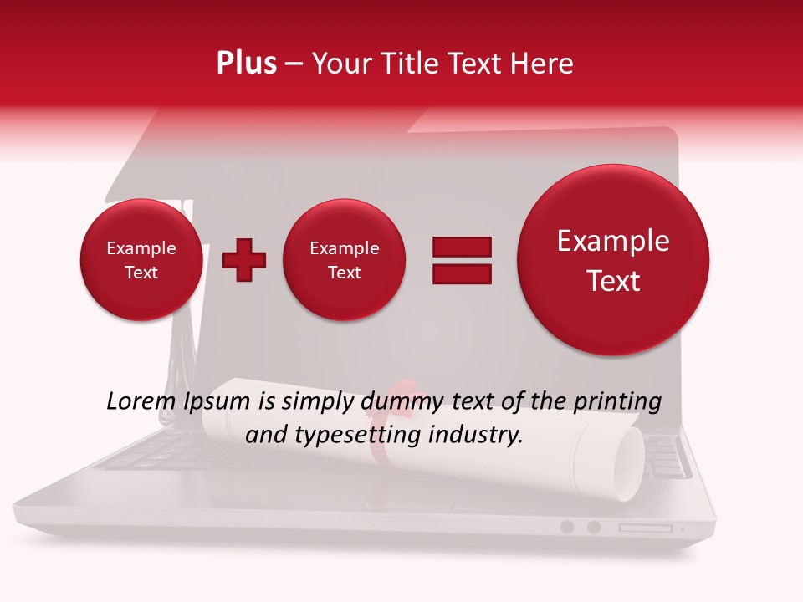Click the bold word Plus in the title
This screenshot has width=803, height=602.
tap(246, 64)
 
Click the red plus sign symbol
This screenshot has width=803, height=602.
tap(244, 260)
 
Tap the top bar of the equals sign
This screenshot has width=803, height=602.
tap(462, 247)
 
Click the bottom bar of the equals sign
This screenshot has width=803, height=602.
tap(462, 273)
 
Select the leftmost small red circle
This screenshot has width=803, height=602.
tap(141, 260)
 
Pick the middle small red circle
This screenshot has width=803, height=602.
tap(344, 260)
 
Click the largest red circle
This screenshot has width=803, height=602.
tap(613, 260)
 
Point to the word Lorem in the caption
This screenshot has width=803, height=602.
tap(141, 401)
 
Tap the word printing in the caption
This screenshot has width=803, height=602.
tap(616, 402)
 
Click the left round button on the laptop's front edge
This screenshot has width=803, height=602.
tap(567, 527)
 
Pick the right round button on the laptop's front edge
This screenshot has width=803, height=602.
tap(594, 527)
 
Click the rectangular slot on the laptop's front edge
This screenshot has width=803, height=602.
tap(645, 528)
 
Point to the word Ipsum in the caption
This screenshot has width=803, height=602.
tap(218, 402)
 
